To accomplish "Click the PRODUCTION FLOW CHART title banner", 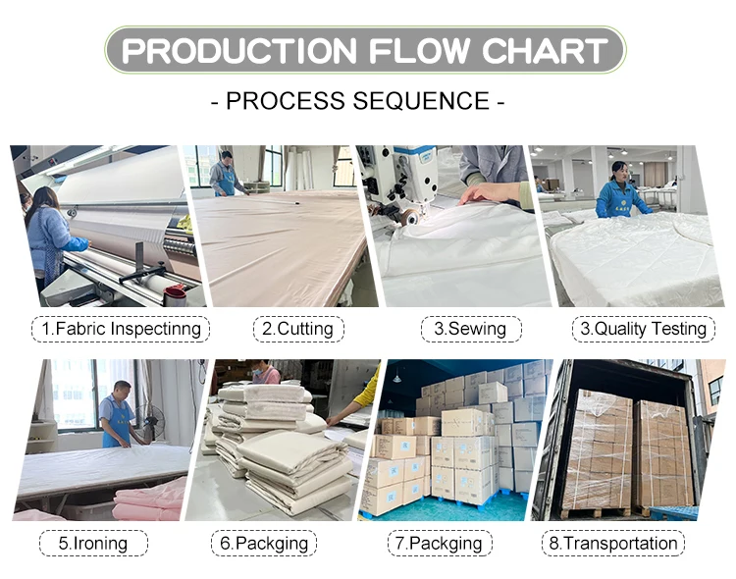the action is point(364,50).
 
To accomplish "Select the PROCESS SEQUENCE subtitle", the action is point(364,101).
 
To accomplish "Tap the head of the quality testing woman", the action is point(618,170).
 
